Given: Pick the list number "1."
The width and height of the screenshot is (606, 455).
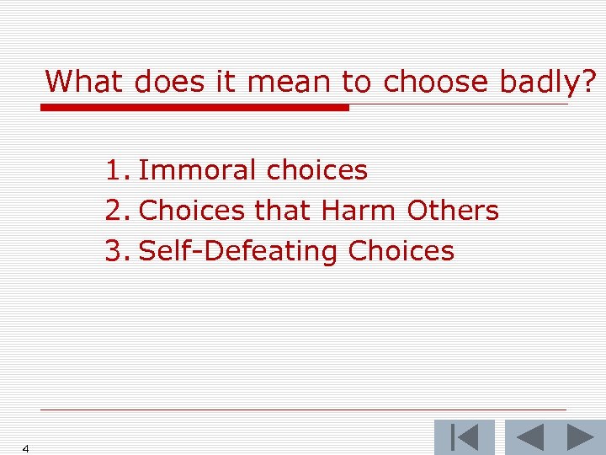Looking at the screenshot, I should point(117,170).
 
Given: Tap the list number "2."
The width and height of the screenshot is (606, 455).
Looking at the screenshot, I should point(117,211).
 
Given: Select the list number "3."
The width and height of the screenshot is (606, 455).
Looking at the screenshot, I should point(117,251).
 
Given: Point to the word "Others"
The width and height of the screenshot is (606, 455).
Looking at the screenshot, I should point(453,211).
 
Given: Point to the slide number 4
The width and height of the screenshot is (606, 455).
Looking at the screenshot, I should point(26,448).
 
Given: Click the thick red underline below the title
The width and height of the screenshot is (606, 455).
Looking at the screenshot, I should point(194,108).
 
